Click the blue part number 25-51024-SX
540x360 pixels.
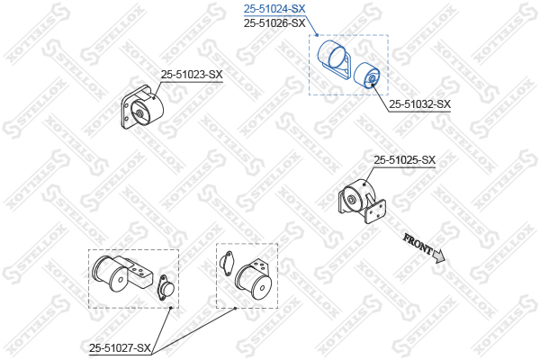tap(274, 9)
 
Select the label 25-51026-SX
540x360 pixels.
tap(274, 23)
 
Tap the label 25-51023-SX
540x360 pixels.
tap(192, 75)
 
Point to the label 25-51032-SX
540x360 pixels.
tap(419, 104)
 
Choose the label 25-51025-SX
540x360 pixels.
tap(405, 160)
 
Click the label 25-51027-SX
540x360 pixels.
tap(120, 348)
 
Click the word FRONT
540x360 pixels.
tap(417, 243)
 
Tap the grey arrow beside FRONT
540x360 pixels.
tap(439, 256)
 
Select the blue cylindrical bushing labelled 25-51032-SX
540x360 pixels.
tap(367, 76)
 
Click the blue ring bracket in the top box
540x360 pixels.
tap(332, 58)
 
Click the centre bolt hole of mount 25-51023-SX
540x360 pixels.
tap(140, 113)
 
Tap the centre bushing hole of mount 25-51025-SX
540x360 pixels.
tap(351, 201)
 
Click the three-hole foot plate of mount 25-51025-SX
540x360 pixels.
tap(375, 211)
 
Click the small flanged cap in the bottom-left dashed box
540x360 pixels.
tap(166, 287)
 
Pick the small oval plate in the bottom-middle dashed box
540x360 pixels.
tap(226, 263)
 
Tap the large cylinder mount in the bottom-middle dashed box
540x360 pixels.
tap(254, 279)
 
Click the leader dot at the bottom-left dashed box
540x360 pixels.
tap(171, 308)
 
